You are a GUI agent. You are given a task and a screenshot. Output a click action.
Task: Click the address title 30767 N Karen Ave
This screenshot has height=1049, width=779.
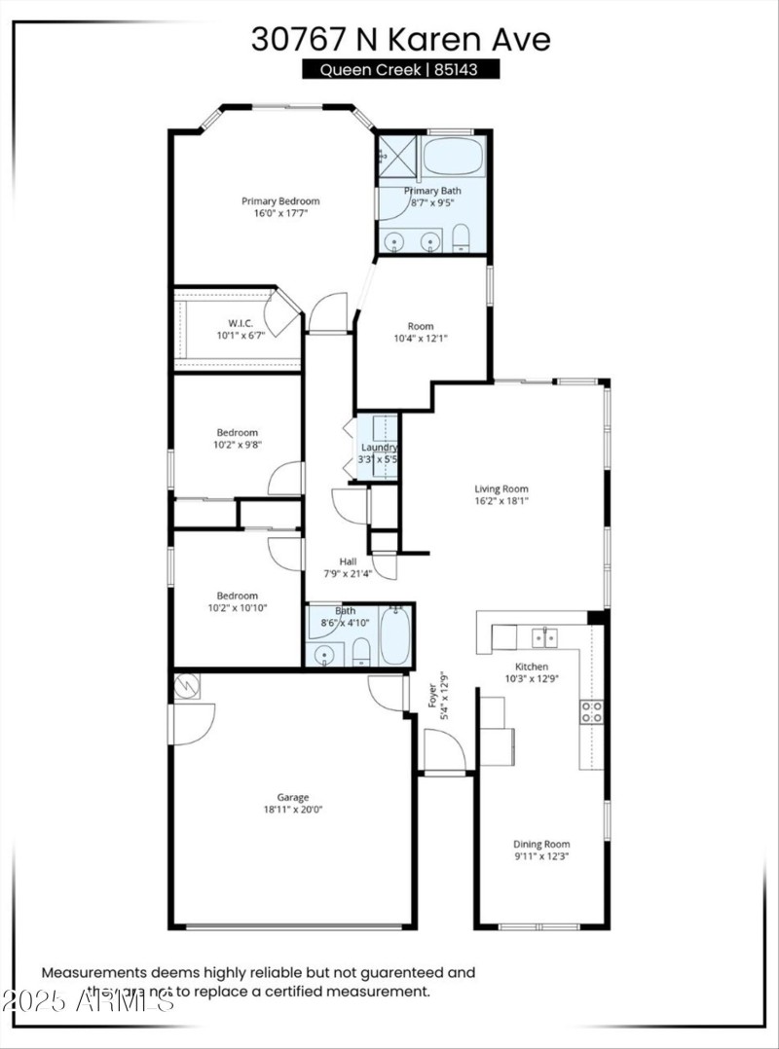(400, 39)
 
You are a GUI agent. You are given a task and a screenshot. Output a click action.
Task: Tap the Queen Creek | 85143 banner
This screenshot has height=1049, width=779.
(400, 69)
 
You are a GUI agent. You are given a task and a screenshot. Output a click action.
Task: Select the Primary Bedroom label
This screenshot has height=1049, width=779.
(280, 201)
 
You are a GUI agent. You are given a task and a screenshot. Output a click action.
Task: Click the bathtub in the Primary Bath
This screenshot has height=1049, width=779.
(453, 156)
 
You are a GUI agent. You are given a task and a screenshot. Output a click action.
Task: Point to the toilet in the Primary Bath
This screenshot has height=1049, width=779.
(462, 237)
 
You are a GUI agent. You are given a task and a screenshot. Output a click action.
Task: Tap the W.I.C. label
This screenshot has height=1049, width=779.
(241, 323)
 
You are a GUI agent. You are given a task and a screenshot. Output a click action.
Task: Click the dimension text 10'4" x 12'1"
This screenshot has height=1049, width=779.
(421, 339)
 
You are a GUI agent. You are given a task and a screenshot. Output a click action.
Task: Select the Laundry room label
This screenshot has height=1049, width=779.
(378, 448)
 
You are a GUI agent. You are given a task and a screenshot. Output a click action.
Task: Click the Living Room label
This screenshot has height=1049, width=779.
(501, 489)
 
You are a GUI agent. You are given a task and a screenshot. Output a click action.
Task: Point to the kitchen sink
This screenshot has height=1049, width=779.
(544, 638)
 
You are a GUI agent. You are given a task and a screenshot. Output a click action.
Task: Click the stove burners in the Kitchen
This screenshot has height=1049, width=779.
(591, 711)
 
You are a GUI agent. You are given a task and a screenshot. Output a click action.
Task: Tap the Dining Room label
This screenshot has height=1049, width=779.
(542, 845)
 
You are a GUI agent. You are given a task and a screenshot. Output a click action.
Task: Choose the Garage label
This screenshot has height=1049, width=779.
(292, 798)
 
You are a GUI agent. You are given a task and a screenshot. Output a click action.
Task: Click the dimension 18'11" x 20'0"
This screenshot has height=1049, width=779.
(292, 810)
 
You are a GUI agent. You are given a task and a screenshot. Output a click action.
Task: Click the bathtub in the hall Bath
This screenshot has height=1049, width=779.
(395, 636)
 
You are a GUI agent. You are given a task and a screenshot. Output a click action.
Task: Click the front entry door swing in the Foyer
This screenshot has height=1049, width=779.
(444, 750)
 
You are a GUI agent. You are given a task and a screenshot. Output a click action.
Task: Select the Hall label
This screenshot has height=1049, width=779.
(348, 561)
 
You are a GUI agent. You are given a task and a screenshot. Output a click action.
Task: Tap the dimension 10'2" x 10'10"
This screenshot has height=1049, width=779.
(238, 608)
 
